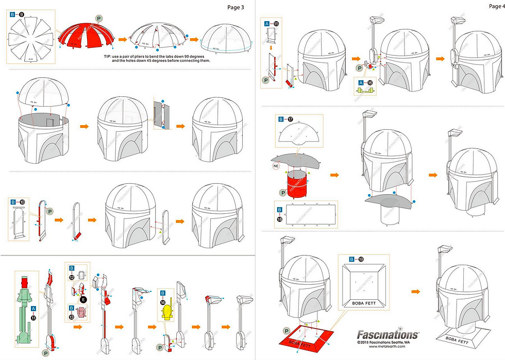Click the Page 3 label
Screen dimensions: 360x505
click(x=236, y=7)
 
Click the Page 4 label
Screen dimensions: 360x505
click(x=496, y=6)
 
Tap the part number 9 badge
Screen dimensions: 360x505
click(x=22, y=15)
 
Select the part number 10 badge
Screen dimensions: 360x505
click(x=22, y=202)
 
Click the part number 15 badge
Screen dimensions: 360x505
click(x=276, y=24)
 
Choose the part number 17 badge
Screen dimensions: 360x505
click(x=291, y=119)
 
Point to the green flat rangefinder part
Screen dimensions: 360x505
click(x=24, y=309)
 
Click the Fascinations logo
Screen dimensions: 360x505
click(x=388, y=334)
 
